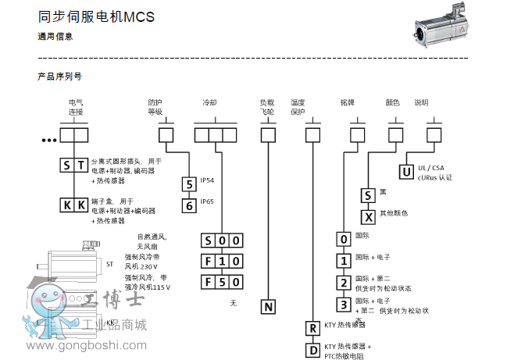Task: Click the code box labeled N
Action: click(268, 307)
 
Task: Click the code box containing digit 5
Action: click(188, 184)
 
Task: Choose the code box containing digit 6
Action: click(188, 205)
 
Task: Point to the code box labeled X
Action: click(367, 215)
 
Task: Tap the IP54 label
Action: click(207, 181)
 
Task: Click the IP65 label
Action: click(207, 201)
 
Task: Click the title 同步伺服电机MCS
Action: click(96, 16)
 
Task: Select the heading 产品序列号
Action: click(59, 77)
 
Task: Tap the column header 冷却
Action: click(209, 103)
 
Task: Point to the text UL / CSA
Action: click(430, 168)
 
